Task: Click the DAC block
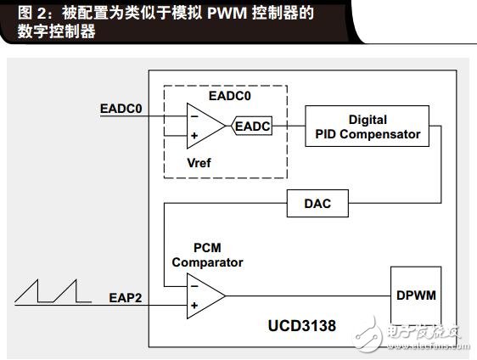(x=317, y=203)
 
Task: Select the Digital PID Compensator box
(x=368, y=126)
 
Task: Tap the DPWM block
(x=416, y=295)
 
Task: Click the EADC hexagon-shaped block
(x=251, y=126)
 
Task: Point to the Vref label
(x=199, y=163)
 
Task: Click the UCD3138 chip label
(x=302, y=325)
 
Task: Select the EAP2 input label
(x=126, y=298)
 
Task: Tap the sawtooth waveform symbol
(x=53, y=291)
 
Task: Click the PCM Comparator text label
(x=207, y=255)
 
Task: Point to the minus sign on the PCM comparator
(x=194, y=286)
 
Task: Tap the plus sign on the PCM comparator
(x=194, y=305)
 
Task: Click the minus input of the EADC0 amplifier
(x=194, y=116)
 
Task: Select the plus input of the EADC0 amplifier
(x=194, y=135)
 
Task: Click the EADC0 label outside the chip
(x=121, y=109)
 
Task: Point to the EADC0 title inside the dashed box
(x=230, y=96)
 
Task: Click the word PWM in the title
(x=227, y=13)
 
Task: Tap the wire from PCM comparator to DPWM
(x=308, y=295)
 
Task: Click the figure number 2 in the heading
(x=42, y=14)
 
